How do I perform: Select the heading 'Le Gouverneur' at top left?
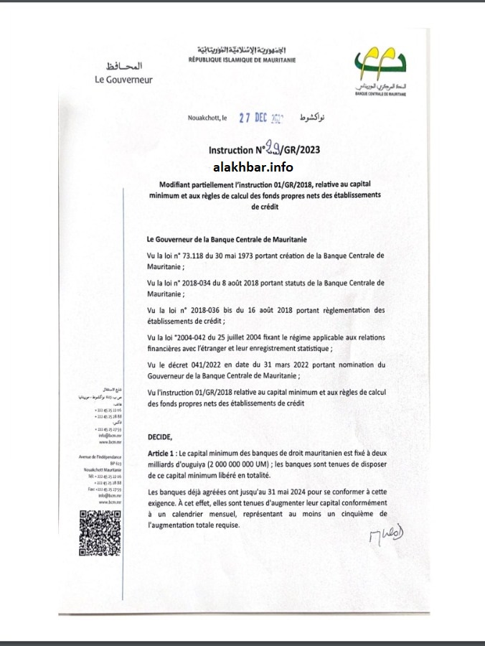click(123, 79)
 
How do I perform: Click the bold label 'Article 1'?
click(163, 454)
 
